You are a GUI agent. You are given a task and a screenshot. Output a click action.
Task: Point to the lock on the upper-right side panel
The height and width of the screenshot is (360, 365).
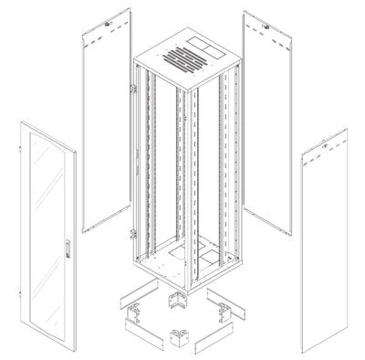tap(266, 27)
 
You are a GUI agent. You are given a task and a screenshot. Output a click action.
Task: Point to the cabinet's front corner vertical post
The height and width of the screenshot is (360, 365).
tap(190, 183)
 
